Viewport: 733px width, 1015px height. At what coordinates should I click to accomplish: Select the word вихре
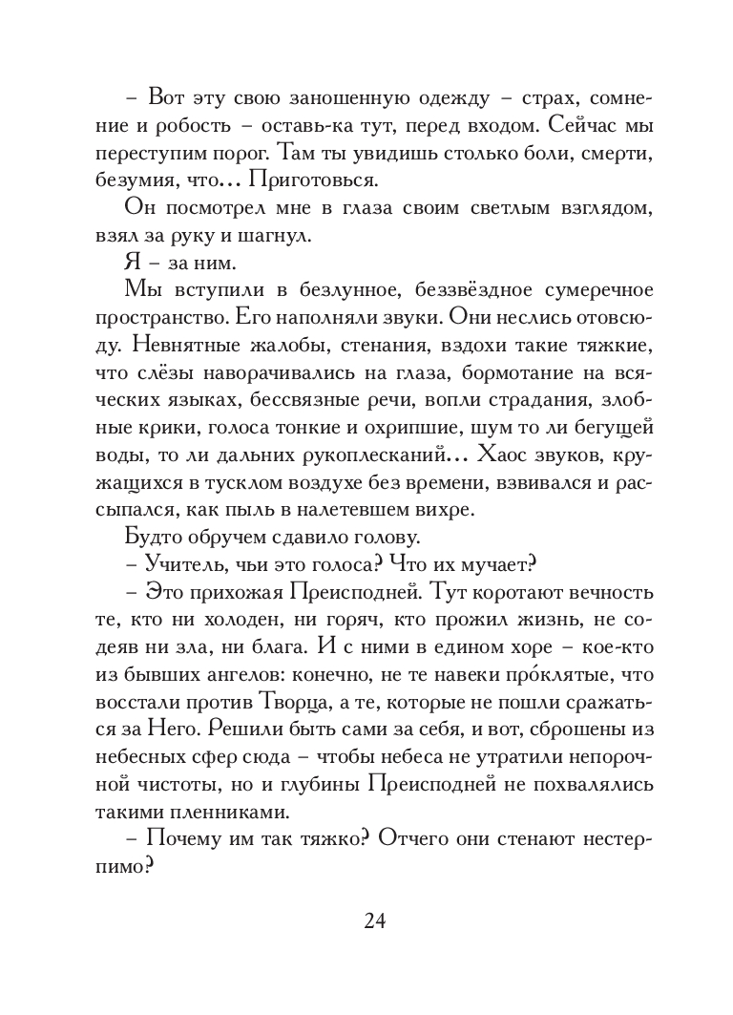[450, 508]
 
